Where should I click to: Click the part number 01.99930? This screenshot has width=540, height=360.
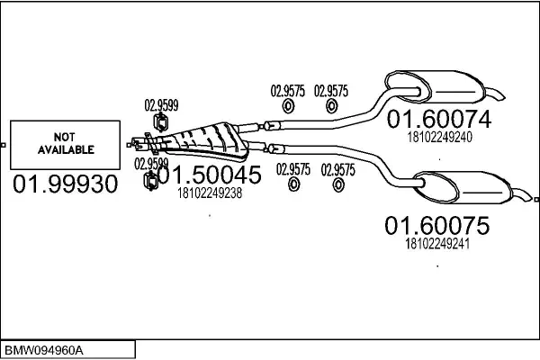[65, 184]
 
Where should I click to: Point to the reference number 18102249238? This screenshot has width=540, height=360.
[210, 192]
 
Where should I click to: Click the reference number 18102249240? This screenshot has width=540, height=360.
[439, 138]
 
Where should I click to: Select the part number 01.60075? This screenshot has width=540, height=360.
[437, 225]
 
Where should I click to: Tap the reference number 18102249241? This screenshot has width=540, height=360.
[438, 243]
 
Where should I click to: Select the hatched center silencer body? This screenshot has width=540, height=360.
[205, 137]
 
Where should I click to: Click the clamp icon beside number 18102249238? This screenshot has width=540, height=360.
[152, 184]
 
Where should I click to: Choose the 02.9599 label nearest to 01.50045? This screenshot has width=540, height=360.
[152, 164]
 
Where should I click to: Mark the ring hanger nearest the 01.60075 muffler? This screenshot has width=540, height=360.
[338, 184]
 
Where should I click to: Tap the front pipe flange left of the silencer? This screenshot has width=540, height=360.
[140, 141]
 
